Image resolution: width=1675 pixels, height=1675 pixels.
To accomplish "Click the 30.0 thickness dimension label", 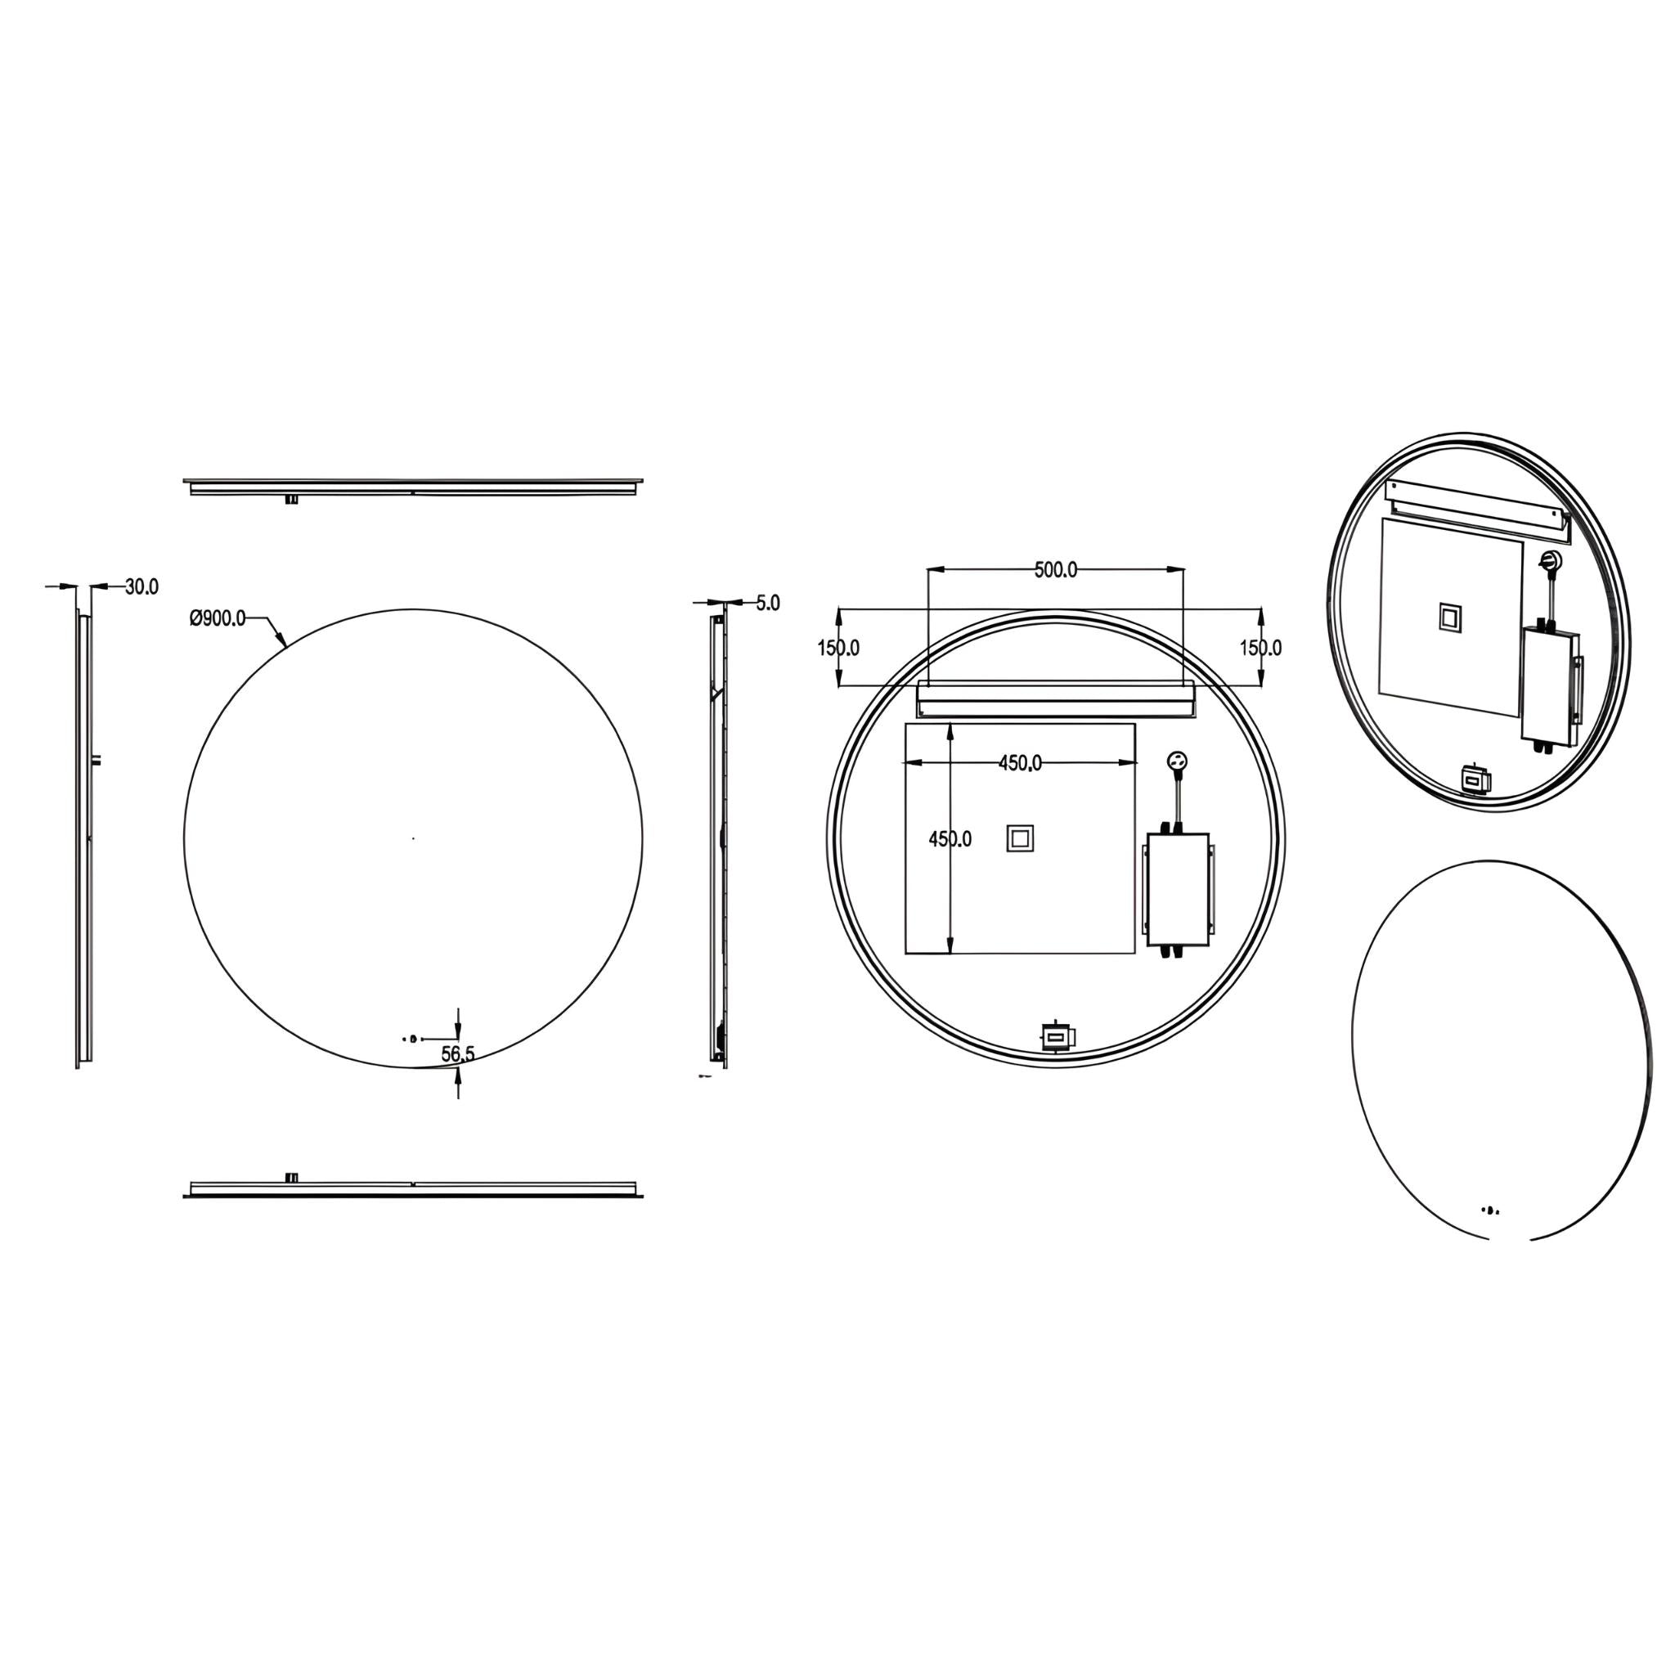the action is tap(142, 587).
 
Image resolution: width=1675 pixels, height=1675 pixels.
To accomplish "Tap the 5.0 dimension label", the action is tap(768, 603).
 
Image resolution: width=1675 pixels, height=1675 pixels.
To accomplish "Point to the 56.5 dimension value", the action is tap(458, 1054).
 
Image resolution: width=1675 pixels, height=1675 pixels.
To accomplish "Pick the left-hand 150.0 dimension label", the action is tap(838, 648).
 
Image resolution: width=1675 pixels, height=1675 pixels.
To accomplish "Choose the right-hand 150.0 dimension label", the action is tap(1260, 648).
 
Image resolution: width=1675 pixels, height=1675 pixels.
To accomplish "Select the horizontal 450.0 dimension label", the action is tap(1021, 763).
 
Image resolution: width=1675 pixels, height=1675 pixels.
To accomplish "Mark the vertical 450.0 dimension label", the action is tap(950, 839).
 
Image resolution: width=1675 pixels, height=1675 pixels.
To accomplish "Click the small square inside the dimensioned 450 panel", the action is tap(1019, 838).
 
